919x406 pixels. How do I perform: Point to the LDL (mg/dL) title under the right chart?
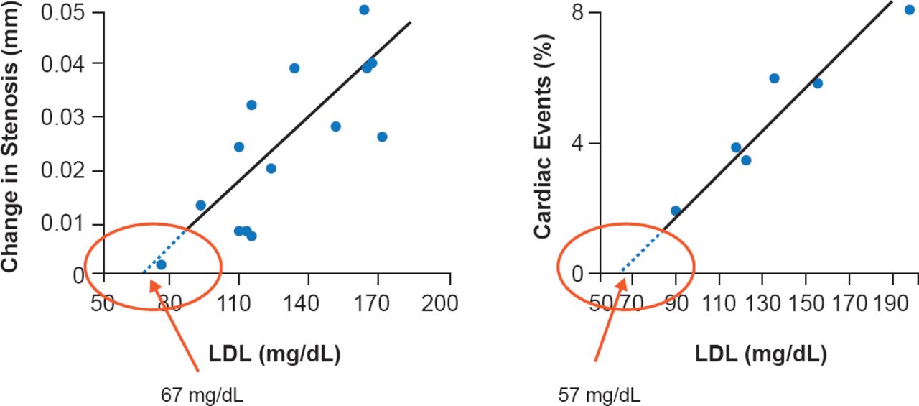click(x=760, y=354)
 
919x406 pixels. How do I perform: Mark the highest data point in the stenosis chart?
click(x=364, y=10)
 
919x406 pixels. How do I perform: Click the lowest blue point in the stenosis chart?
click(x=162, y=264)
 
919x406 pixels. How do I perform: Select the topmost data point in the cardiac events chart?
click(x=910, y=9)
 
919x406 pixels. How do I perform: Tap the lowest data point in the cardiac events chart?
click(x=676, y=211)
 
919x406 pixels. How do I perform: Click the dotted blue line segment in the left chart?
click(x=164, y=252)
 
